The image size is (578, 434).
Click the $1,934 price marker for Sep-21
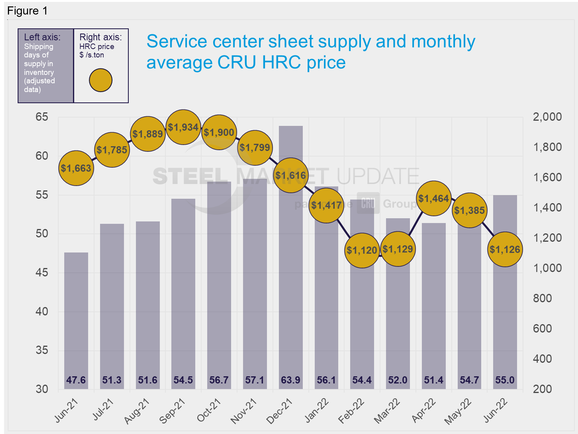tap(183, 127)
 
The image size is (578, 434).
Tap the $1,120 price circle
tap(362, 250)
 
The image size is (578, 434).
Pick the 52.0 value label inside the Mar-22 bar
tap(398, 380)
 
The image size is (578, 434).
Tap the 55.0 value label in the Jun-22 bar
tap(505, 380)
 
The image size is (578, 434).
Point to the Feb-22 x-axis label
tap(351, 411)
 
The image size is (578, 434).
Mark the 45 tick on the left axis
tap(42, 272)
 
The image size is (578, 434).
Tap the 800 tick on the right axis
tap(543, 298)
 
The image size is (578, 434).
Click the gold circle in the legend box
tap(101, 80)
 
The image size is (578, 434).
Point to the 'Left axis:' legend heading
tap(42, 37)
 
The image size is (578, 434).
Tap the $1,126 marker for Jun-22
tap(505, 249)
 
